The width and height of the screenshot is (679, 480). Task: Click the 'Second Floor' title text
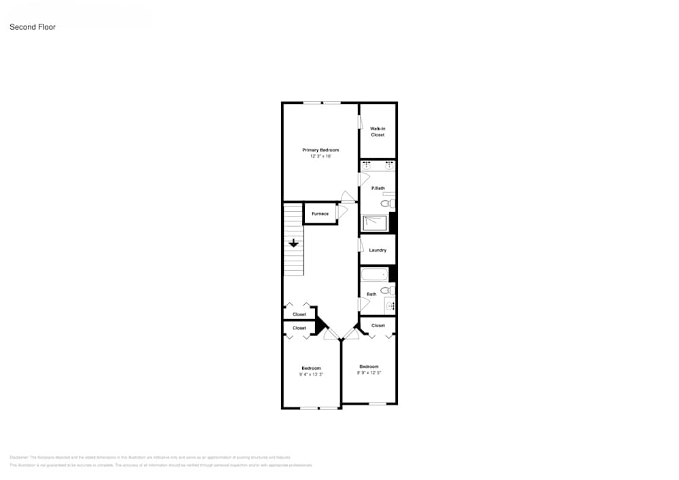pyautogui.click(x=32, y=27)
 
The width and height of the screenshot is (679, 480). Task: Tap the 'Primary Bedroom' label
pyautogui.click(x=320, y=150)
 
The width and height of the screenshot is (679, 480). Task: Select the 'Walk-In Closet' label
pyautogui.click(x=378, y=132)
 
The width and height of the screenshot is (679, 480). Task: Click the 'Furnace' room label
pyautogui.click(x=320, y=214)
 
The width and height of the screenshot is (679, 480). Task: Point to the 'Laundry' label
pyautogui.click(x=378, y=251)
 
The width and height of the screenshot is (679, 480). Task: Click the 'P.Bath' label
pyautogui.click(x=378, y=188)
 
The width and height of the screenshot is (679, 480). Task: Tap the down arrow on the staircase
pyautogui.click(x=293, y=243)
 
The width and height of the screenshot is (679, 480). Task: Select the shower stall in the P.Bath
pyautogui.click(x=375, y=223)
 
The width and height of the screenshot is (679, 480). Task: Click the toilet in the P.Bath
pyautogui.click(x=386, y=203)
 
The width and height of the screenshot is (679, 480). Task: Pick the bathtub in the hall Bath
pyautogui.click(x=374, y=275)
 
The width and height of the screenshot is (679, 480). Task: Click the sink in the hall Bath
pyautogui.click(x=390, y=306)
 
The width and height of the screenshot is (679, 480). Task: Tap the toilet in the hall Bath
pyautogui.click(x=386, y=291)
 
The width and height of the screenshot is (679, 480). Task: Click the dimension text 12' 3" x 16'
pyautogui.click(x=320, y=157)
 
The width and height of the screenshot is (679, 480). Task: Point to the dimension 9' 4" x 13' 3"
pyautogui.click(x=311, y=374)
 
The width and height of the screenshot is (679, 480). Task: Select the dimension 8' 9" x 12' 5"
pyautogui.click(x=369, y=372)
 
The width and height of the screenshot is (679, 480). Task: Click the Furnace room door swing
pyautogui.click(x=342, y=211)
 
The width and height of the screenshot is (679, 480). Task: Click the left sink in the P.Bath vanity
pyautogui.click(x=367, y=165)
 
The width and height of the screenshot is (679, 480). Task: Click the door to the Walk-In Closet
pyautogui.click(x=361, y=122)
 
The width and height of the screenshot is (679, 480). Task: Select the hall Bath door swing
pyautogui.click(x=364, y=303)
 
